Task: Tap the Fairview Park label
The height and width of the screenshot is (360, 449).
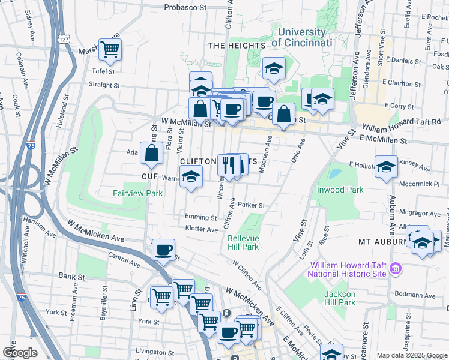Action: coord(138,193)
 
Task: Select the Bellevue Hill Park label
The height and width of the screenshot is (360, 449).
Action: coord(243,242)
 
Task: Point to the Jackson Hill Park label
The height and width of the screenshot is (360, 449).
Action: coord(340,298)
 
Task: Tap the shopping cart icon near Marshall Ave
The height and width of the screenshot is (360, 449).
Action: coord(110,50)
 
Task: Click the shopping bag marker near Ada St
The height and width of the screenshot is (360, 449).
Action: coord(151,154)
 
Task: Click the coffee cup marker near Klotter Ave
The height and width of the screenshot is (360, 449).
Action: coord(163,250)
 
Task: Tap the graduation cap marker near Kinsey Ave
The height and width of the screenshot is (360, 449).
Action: coord(386,167)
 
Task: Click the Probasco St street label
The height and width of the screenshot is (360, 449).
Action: coord(186,8)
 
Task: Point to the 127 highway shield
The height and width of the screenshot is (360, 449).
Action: coord(62,38)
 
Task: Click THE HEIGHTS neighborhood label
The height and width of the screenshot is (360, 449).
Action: coord(237,45)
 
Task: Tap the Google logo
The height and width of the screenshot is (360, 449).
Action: coord(20,352)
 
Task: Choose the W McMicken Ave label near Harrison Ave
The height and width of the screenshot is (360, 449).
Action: coord(97,231)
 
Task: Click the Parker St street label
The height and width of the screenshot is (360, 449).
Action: coord(251,205)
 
